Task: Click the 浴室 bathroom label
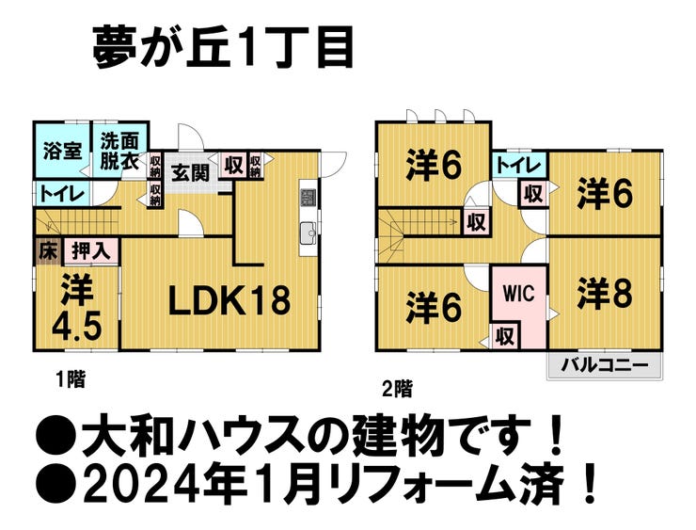coord(63,151)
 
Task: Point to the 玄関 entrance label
coord(190,172)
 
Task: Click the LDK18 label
coord(229,301)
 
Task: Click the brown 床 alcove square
coord(47,251)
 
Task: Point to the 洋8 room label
coord(604,292)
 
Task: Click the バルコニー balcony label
coord(604,364)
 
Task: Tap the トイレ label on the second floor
coord(518,166)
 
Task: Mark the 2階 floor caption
coord(396,386)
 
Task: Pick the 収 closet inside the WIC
coord(505,335)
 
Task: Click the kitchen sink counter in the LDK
coord(307,233)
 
